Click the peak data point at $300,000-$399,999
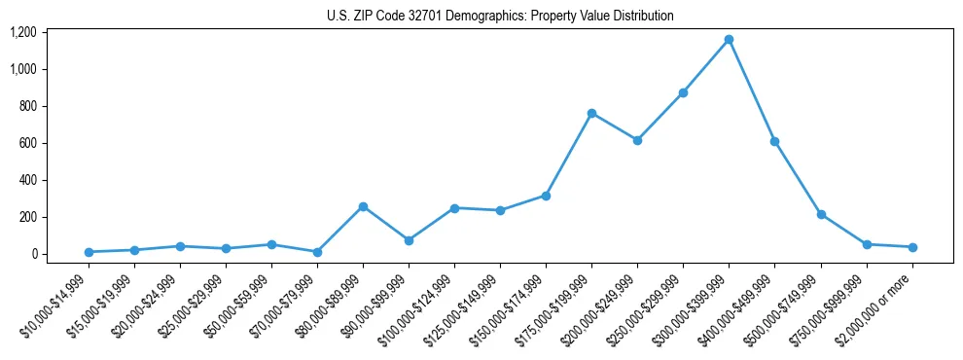[729, 40]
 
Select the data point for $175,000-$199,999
[591, 113]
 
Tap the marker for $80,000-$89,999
[363, 206]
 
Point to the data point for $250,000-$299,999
[683, 92]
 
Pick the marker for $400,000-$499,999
[774, 141]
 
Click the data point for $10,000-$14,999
[89, 252]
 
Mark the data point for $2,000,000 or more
[911, 247]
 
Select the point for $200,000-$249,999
[637, 140]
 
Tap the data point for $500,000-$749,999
[821, 214]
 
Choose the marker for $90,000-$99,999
[409, 240]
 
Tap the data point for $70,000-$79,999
[317, 252]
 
